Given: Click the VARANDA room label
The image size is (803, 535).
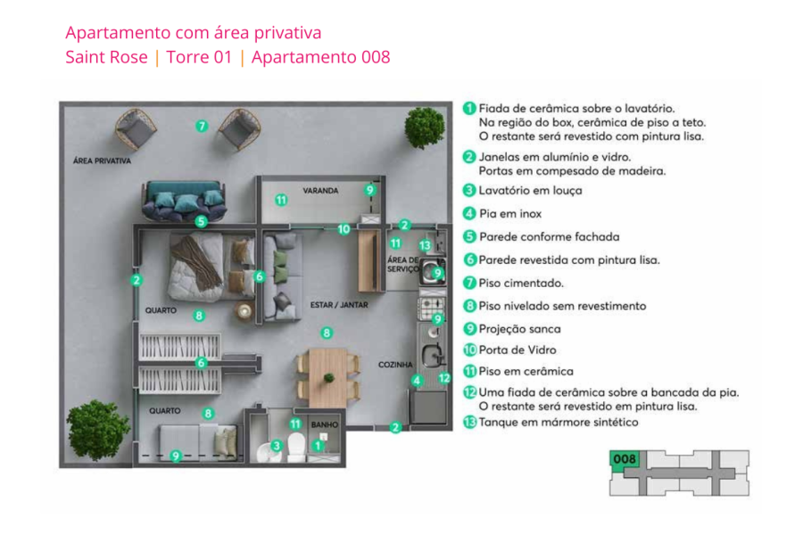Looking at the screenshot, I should coord(319,191).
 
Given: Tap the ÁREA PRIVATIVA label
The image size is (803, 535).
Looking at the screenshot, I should coord(102,161).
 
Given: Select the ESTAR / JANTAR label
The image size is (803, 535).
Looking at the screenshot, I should coord(338,305).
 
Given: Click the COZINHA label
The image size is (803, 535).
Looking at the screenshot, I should coord(393,365).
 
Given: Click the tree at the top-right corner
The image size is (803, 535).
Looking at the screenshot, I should coord(424,128).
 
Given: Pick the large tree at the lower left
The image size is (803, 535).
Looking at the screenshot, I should coord(98,430).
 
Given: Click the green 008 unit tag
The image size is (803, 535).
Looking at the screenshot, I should coord(625,459).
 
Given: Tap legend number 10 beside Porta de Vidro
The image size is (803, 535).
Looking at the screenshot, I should coord(469,350).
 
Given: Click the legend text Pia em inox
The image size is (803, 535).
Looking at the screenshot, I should coord(510,214).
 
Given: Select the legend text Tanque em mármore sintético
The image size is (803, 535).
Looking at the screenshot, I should coord(559,422).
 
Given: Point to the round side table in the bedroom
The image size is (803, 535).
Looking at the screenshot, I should coord(244,311).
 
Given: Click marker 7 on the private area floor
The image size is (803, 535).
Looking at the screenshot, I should coord(202,127).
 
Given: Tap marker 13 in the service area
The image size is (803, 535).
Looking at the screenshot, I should coord(426,245).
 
